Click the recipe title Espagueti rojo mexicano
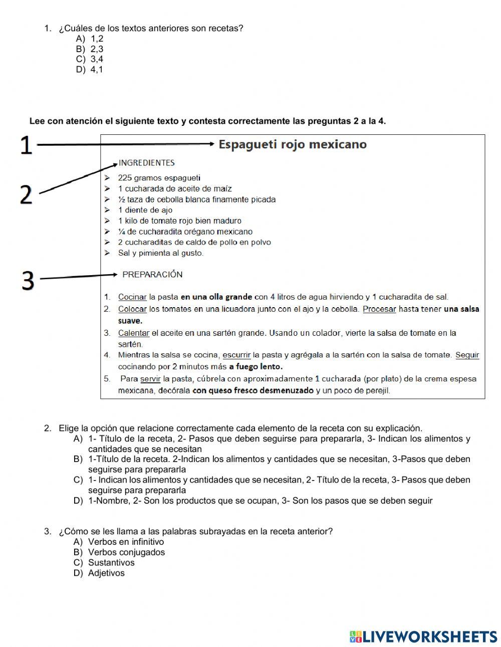click(293, 144)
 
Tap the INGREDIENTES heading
click(146, 163)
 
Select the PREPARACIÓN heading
click(152, 275)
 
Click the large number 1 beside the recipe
click(26, 146)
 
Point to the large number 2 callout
click(26, 194)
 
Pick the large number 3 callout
click(28, 281)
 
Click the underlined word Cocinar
click(132, 297)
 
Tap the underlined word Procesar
click(379, 309)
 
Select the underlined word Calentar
click(133, 333)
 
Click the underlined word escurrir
click(236, 355)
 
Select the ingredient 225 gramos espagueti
click(159, 178)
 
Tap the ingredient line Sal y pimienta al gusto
click(160, 253)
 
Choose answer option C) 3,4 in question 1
click(90, 59)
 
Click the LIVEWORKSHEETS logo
click(423, 636)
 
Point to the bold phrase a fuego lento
click(256, 366)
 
